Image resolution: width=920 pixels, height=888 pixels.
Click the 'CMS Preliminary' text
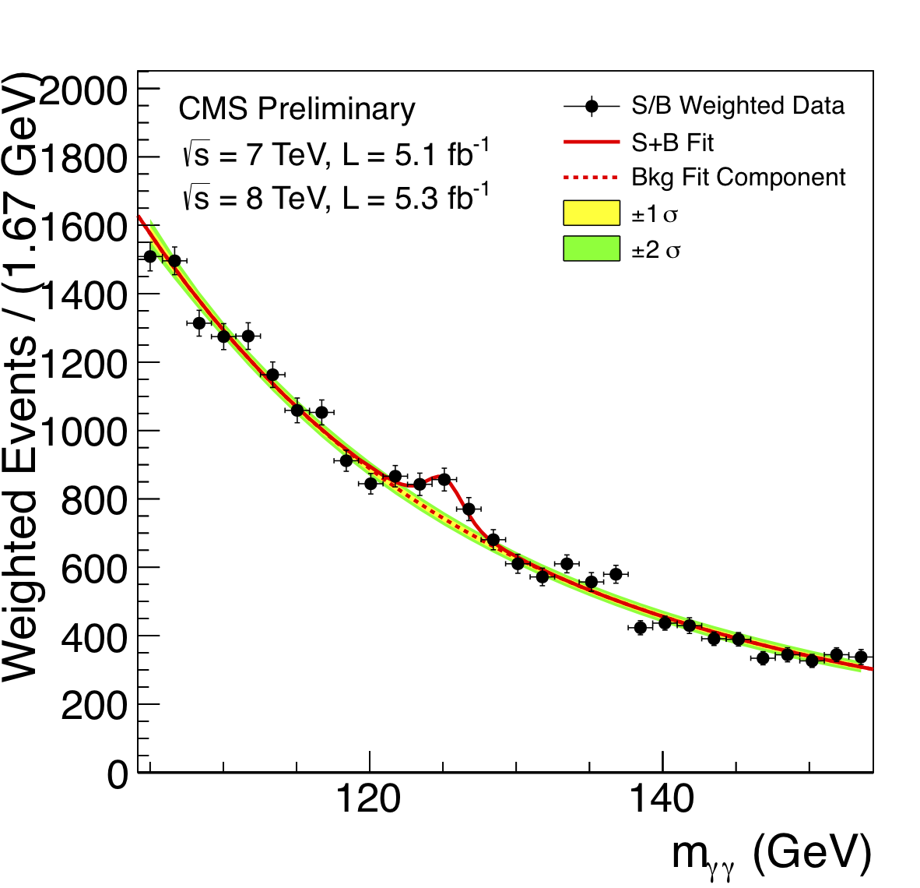[297, 109]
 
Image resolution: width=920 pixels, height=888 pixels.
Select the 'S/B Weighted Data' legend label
[737, 106]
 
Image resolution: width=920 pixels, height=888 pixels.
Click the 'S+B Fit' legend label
[672, 143]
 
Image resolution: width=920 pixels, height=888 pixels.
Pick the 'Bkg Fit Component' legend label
[738, 178]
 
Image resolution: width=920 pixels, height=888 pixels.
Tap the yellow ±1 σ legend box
[592, 213]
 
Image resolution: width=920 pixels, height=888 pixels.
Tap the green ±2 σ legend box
[592, 248]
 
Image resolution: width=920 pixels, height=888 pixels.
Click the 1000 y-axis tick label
[82, 432]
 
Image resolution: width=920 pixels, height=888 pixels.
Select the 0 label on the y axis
[117, 774]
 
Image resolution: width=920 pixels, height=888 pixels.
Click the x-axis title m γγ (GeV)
[771, 855]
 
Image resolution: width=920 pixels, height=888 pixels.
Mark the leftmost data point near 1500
[150, 256]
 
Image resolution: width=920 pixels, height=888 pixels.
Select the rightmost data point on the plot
[860, 657]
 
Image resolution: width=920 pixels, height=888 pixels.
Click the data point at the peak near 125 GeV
[444, 480]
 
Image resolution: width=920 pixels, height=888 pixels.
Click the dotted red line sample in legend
[592, 178]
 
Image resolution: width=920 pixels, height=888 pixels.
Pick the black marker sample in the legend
[592, 106]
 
